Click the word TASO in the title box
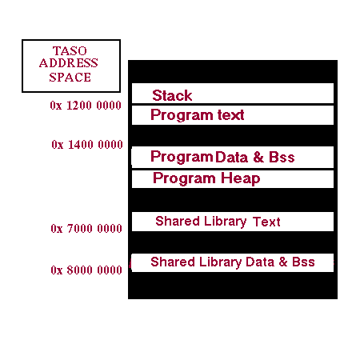pyautogui.click(x=70, y=50)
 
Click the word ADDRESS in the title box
pyautogui.click(x=69, y=63)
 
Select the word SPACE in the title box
pyautogui.click(x=70, y=78)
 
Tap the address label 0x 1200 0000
pyautogui.click(x=86, y=106)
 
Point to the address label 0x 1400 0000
pyautogui.click(x=87, y=145)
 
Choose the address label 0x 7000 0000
pyautogui.click(x=86, y=229)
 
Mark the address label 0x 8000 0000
pyautogui.click(x=86, y=270)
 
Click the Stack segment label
pyautogui.click(x=172, y=95)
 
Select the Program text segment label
pyautogui.click(x=198, y=115)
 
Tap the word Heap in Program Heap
pyautogui.click(x=241, y=178)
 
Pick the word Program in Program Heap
pyautogui.click(x=184, y=178)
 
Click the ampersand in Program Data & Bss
pyautogui.click(x=258, y=157)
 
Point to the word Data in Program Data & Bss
pyautogui.click(x=231, y=157)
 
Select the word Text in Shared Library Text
pyautogui.click(x=266, y=222)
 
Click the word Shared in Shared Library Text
pyautogui.click(x=178, y=221)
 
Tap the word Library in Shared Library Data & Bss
pyautogui.click(x=220, y=262)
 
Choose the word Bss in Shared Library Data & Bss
pyautogui.click(x=303, y=262)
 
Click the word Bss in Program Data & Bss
pyautogui.click(x=282, y=157)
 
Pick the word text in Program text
pyautogui.click(x=230, y=115)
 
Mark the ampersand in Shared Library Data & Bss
pyautogui.click(x=283, y=262)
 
